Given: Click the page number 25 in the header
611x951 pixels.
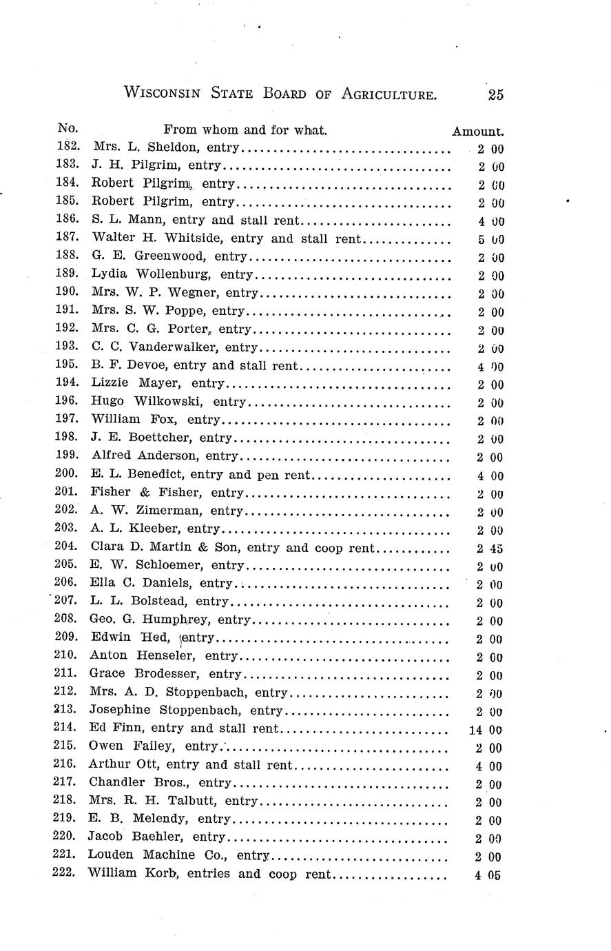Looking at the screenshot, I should click(x=495, y=95).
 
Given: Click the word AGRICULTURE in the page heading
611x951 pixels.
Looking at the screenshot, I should click(x=389, y=95).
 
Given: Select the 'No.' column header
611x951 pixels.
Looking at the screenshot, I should click(x=68, y=128).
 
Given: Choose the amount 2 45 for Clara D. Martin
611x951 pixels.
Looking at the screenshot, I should click(x=489, y=549).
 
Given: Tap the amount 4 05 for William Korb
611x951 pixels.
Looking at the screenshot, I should click(x=488, y=876).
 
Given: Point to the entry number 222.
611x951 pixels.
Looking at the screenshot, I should click(x=66, y=873).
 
